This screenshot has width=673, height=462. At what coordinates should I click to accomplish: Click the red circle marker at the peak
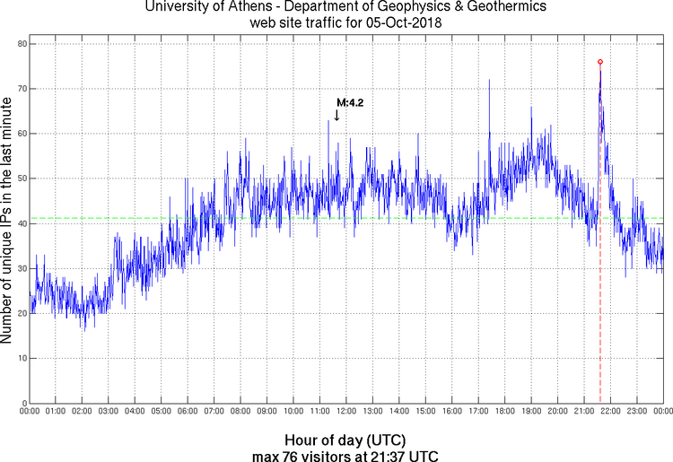click(x=600, y=62)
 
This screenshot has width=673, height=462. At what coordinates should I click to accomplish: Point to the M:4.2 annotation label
click(x=349, y=103)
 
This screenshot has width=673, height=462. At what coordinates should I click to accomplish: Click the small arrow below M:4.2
click(x=336, y=115)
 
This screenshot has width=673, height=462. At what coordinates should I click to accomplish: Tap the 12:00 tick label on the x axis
click(x=345, y=411)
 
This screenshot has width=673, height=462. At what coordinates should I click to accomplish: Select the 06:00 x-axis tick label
click(x=187, y=411)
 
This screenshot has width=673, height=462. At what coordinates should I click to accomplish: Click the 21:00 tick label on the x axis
click(x=583, y=411)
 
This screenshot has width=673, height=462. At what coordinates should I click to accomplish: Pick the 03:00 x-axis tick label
click(x=108, y=411)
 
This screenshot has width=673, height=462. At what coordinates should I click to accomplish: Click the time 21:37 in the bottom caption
click(x=396, y=456)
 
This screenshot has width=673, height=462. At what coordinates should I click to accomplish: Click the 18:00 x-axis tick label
click(x=504, y=411)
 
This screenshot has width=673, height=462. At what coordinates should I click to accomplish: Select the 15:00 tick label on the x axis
click(x=424, y=411)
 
